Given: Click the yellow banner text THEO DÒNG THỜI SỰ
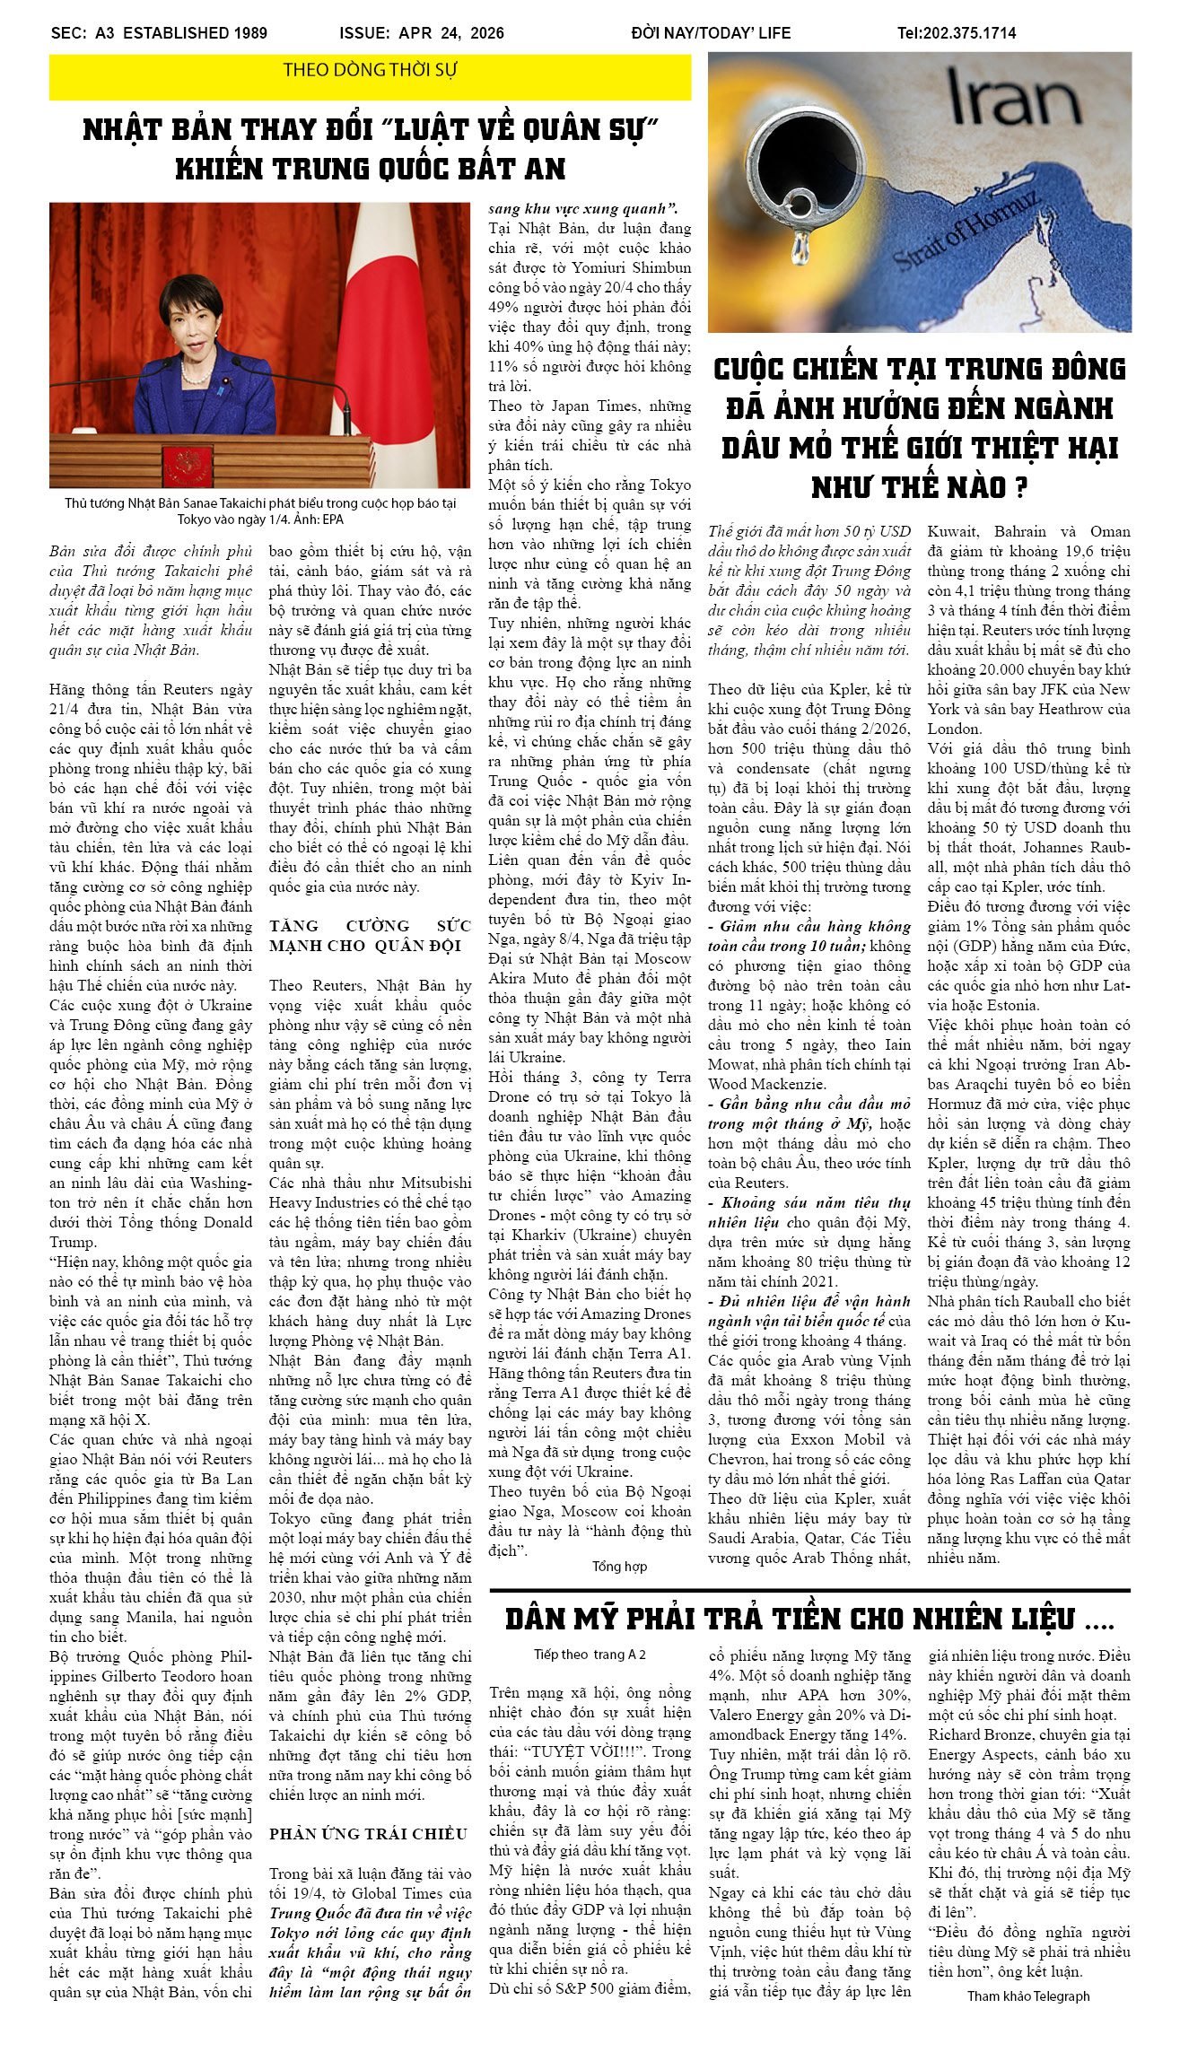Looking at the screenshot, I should click(x=370, y=70).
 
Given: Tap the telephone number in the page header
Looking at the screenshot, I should click(x=957, y=33).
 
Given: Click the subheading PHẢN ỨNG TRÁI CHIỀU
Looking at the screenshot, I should click(x=368, y=1834).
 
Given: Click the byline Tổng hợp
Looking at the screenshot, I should click(x=619, y=1566).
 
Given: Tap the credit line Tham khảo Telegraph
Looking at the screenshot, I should click(x=1027, y=1996).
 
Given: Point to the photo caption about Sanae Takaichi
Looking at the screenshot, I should click(x=260, y=511).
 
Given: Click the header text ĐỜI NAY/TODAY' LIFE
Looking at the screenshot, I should click(x=711, y=33).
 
